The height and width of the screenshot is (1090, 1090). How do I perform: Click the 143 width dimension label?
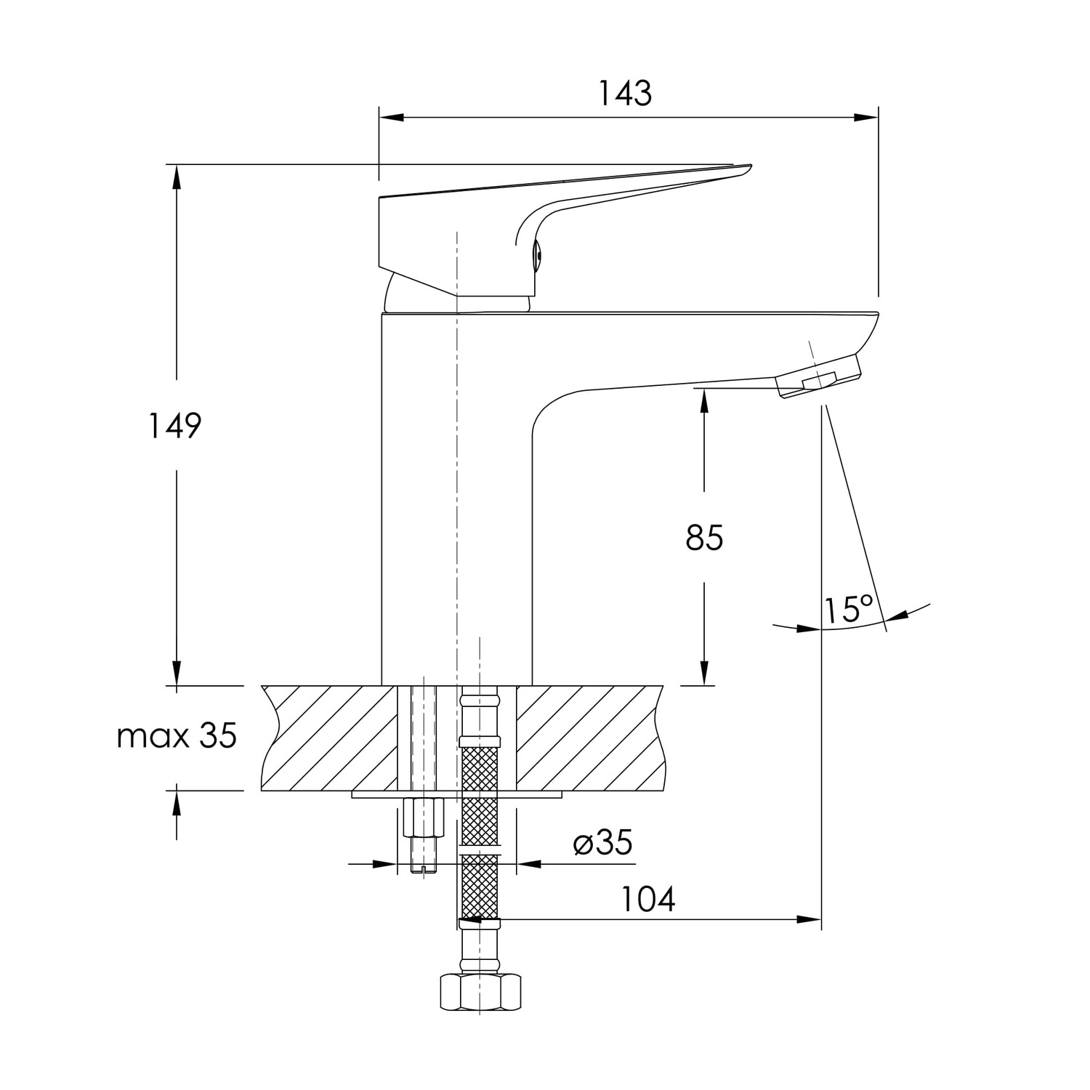coord(625,94)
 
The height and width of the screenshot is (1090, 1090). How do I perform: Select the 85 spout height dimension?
coord(704,538)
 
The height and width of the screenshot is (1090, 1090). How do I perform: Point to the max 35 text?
coord(177,737)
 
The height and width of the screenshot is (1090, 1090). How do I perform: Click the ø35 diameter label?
coord(602,843)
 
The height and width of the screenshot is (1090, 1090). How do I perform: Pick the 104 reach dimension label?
coord(648,900)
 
